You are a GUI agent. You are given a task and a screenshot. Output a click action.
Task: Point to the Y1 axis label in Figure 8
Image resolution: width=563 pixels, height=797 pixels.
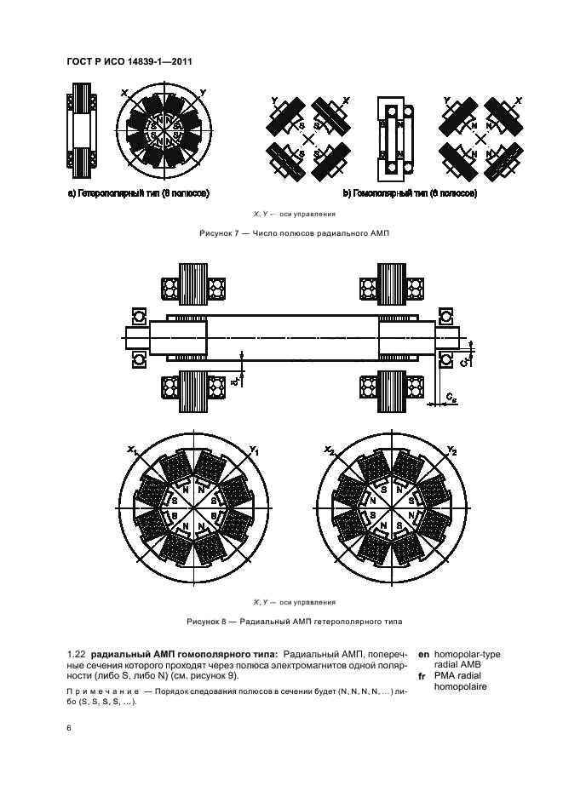pyautogui.click(x=256, y=450)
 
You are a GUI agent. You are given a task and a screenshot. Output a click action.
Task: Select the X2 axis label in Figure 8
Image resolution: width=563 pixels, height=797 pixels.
pyautogui.click(x=328, y=450)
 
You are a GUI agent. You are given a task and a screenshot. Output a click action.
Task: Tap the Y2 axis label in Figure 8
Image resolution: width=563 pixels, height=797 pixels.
pyautogui.click(x=452, y=450)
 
